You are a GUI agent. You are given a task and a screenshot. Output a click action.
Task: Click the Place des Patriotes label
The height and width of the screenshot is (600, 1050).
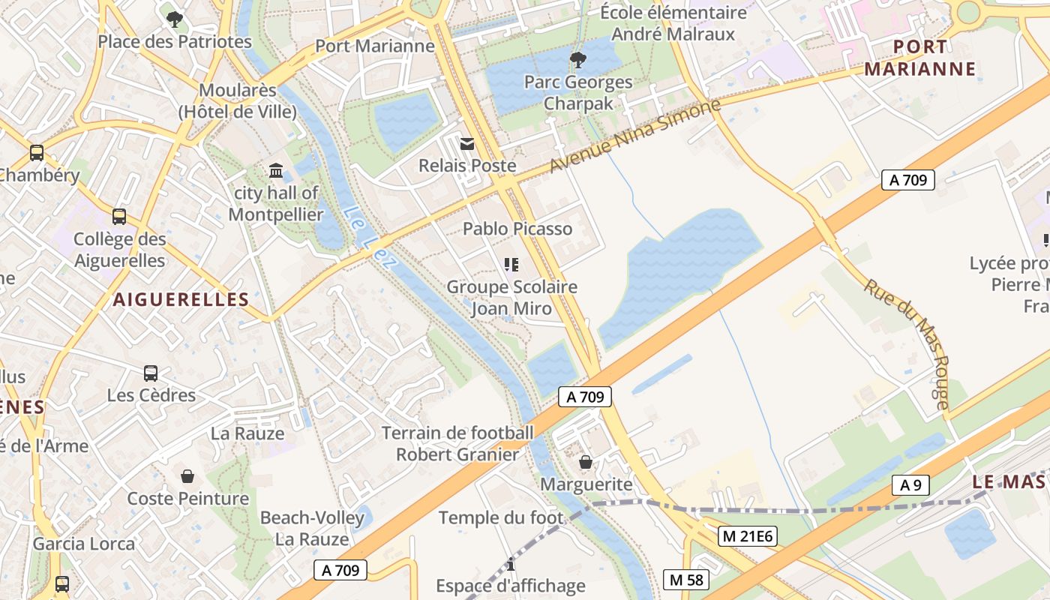pos(175,42)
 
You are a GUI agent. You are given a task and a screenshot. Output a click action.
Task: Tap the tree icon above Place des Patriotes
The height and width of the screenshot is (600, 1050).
pos(175,19)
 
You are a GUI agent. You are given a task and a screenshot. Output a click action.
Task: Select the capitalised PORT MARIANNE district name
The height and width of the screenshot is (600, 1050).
pos(920,58)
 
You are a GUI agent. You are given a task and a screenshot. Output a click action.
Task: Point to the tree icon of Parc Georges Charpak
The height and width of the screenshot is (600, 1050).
pos(577,59)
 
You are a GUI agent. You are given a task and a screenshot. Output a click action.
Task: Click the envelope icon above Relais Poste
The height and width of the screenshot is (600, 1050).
pos(467,143)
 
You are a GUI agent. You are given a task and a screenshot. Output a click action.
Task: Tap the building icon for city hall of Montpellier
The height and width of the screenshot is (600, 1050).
pos(276,171)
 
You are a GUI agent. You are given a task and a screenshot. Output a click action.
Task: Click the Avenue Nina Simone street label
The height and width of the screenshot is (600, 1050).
pos(635,136)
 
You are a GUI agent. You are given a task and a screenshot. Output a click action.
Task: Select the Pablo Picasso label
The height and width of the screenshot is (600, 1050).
pos(517,229)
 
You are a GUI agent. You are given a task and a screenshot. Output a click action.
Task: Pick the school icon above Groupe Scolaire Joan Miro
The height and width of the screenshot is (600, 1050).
pos(511,264)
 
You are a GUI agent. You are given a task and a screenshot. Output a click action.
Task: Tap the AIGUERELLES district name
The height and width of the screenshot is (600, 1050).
pos(181,299)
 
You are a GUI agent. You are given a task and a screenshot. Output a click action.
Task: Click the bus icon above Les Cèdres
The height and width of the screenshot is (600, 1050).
pos(151,373)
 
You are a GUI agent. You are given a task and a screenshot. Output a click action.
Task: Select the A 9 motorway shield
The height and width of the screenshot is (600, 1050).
pos(910,485)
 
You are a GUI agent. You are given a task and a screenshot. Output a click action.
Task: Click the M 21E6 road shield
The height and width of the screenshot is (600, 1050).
pos(746,536)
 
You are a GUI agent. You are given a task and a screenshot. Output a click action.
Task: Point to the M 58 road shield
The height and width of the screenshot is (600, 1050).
pos(686,580)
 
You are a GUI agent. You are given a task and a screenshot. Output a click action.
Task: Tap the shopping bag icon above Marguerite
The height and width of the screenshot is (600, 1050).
pos(586,462)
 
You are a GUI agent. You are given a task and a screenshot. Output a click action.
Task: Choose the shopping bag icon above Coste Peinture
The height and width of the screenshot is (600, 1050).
pos(187,476)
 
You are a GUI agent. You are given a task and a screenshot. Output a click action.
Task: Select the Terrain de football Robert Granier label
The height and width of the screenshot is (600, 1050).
pos(457,443)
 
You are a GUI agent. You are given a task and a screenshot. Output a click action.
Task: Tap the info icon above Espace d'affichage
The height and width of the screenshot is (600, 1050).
pos(511,564)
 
